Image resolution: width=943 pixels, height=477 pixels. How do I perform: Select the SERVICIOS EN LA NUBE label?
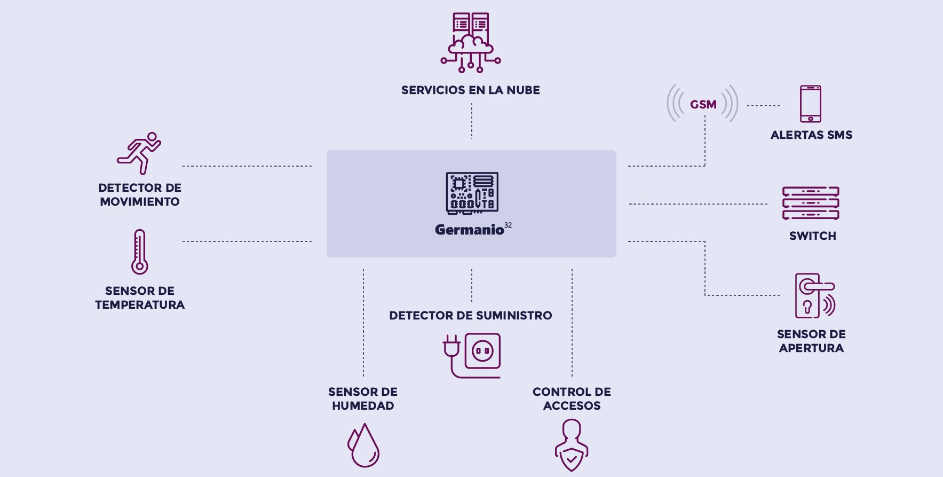coord(471,90)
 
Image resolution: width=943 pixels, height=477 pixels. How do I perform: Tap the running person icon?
coord(139,153)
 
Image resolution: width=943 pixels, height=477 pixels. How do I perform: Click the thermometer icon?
coord(139,252)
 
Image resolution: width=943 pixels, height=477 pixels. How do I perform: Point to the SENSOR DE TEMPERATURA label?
coord(140,298)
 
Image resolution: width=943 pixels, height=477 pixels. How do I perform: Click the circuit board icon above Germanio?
coord(472,193)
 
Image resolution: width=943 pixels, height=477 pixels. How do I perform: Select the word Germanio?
coord(469,230)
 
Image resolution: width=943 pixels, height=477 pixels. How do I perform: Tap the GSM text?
coord(703,105)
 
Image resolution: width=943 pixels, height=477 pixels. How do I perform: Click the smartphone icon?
coord(810,104)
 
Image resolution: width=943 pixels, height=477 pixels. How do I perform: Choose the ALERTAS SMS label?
coord(811,135)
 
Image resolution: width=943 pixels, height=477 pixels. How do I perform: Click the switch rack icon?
coord(811,204)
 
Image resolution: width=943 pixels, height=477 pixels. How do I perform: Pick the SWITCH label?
coord(812,236)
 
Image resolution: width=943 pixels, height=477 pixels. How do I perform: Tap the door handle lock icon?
coord(814,296)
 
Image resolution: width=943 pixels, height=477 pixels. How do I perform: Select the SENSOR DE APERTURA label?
coord(811,341)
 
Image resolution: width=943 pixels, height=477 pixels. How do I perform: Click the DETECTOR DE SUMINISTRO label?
coord(470,316)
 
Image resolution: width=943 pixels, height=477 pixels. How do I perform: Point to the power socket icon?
coord(472,355)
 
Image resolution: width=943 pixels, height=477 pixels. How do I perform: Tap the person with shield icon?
coord(572,445)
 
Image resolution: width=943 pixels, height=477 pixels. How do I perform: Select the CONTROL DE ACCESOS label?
coord(572,399)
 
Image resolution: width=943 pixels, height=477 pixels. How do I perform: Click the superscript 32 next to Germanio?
coord(508,225)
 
